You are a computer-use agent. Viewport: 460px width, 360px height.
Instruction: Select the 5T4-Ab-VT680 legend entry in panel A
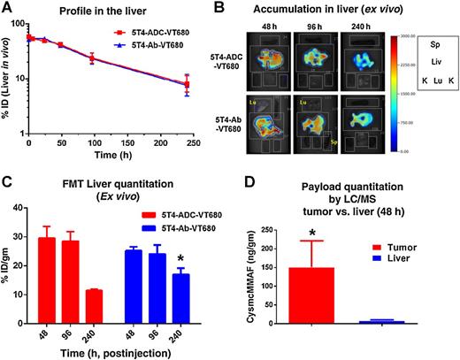[163, 50]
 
